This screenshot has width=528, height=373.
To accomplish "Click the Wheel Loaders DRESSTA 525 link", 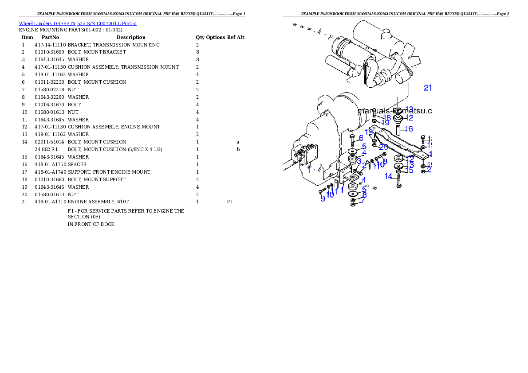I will (78, 23).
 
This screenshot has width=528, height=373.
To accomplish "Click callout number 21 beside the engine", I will (427, 88).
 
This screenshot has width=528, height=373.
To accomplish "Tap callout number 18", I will (387, 117).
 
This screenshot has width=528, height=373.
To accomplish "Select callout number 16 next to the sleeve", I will (409, 129).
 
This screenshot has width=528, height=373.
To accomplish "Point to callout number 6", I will (361, 138).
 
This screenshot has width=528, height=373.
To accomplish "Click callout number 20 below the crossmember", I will (383, 147).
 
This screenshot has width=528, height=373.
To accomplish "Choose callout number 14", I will (388, 176).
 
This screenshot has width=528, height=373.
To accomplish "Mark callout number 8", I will (364, 194).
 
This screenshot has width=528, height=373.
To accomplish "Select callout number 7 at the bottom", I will (363, 200).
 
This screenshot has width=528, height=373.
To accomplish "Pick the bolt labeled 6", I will (352, 141).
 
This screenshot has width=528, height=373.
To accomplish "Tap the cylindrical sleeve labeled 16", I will (398, 131).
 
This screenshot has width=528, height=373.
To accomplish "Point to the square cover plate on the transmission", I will (306, 155).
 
